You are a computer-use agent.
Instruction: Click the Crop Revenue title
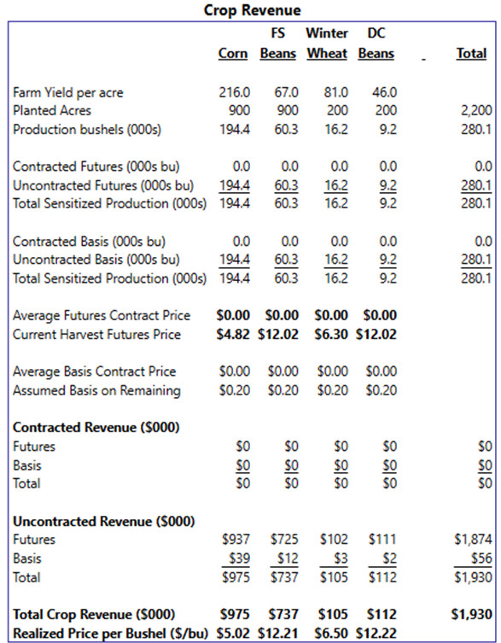pyautogui.click(x=252, y=10)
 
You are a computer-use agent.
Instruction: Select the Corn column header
pyautogui.click(x=233, y=53)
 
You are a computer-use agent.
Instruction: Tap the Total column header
pyautogui.click(x=471, y=53)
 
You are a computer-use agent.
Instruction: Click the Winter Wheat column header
pyautogui.click(x=327, y=43)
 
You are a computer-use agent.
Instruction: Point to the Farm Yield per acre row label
pyautogui.click(x=68, y=93)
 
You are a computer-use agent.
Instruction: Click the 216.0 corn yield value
pyautogui.click(x=234, y=92)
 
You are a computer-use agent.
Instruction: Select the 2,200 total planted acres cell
pyautogui.click(x=475, y=110)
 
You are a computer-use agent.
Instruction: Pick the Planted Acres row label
pyautogui.click(x=52, y=110)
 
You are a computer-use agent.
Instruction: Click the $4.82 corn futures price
pyautogui.click(x=233, y=334)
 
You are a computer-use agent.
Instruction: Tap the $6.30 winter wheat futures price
pyautogui.click(x=331, y=334)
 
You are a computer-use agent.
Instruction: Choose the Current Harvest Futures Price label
pyautogui.click(x=96, y=334)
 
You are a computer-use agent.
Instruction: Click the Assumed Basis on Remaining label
pyautogui.click(x=96, y=390)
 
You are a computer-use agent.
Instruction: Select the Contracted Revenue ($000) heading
pyautogui.click(x=96, y=427)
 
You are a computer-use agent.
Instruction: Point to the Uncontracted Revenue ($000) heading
pyautogui.click(x=104, y=521)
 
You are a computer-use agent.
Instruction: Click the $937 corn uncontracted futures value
pyautogui.click(x=236, y=540)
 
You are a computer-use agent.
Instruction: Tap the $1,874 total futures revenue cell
pyautogui.click(x=473, y=540)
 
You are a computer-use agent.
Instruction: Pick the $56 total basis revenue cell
pyautogui.click(x=481, y=558)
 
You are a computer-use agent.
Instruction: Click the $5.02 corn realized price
pyautogui.click(x=233, y=633)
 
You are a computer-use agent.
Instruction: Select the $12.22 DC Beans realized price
pyautogui.click(x=376, y=633)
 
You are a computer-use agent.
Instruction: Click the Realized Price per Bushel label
pyautogui.click(x=110, y=633)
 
